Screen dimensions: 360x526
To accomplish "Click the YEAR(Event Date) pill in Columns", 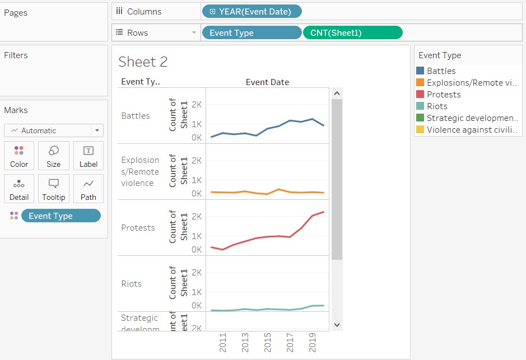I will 252,11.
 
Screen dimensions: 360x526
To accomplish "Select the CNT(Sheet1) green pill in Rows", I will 352,33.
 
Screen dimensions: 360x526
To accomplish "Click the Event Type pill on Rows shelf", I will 251,33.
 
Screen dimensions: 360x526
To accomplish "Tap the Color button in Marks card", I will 19,156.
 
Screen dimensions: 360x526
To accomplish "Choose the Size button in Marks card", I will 54,156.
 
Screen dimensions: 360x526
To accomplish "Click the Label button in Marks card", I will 89,156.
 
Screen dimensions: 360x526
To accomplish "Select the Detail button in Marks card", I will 19,189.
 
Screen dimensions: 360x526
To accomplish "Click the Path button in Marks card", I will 89,189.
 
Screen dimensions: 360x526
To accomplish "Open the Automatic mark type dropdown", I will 54,130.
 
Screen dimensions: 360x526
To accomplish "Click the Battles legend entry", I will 441,71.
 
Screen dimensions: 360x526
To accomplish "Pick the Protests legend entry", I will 443,95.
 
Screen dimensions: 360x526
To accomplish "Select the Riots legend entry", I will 437,106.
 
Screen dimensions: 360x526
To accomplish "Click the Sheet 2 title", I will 143,62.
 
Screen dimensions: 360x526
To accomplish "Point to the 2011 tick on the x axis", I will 223,343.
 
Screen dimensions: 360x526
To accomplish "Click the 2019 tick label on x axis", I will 313,343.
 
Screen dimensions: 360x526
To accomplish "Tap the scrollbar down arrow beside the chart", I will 337,324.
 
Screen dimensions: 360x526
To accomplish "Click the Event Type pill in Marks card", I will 60,216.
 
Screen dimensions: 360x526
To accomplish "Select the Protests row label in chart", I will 138,228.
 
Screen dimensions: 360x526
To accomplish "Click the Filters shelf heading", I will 16,55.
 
